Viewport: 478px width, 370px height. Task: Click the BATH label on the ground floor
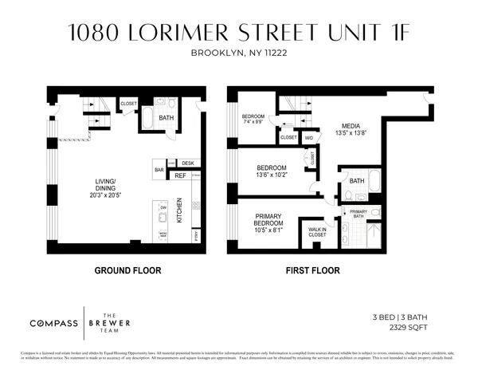167,118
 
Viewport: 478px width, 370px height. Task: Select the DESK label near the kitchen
187,163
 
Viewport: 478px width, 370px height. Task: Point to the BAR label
159,169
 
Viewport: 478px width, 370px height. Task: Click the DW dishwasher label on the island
163,207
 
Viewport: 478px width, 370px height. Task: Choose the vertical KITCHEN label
179,211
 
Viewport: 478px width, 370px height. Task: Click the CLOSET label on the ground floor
129,104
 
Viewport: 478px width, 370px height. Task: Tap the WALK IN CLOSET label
318,232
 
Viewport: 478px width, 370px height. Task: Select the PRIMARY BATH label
358,214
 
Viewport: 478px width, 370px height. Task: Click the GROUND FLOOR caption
127,271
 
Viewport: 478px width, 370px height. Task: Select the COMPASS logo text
54,323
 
